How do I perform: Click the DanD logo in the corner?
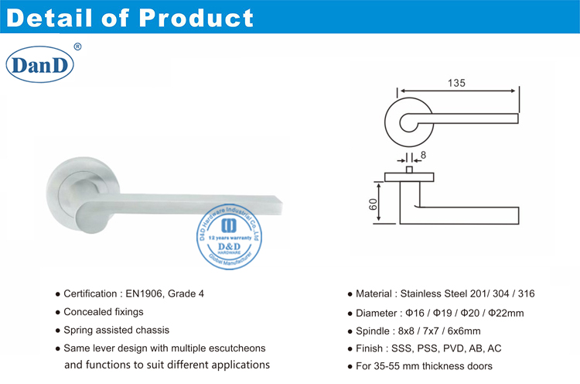(39, 65)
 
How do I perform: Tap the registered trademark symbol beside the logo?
(77, 46)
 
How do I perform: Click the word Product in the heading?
(200, 16)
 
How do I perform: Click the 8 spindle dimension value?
(424, 155)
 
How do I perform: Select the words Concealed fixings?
(104, 312)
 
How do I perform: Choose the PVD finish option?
(459, 348)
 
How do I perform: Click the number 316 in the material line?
(525, 294)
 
